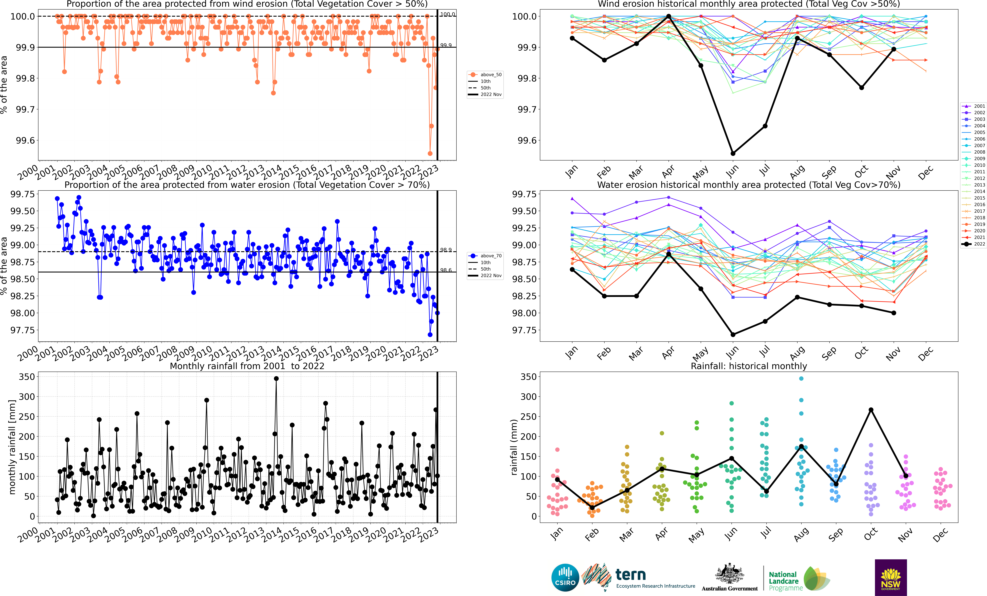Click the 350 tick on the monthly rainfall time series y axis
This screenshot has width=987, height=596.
(27, 377)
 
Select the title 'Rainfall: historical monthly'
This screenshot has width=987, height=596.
(749, 366)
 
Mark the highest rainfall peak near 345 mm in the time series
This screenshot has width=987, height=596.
(276, 378)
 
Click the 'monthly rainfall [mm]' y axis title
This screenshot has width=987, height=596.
(12, 447)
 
